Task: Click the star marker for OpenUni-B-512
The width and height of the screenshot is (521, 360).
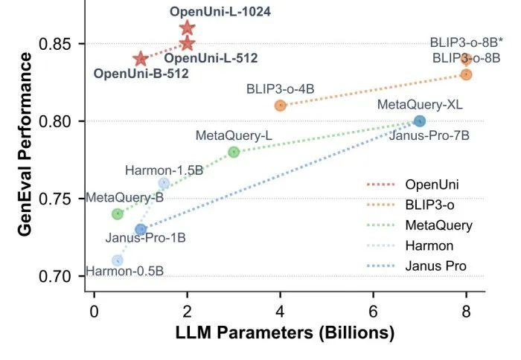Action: pos(141,59)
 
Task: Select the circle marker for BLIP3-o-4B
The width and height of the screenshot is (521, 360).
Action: pos(281,105)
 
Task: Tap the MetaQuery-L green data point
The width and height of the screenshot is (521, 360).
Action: pos(234,152)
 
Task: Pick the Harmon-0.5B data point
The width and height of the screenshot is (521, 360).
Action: pos(118,260)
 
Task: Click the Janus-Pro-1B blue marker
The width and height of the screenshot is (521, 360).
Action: pos(141,229)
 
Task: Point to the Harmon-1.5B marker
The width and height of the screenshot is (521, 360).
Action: pos(164,183)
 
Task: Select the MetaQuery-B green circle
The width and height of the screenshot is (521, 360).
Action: pos(118,213)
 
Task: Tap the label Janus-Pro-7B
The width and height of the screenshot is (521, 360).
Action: pos(424,137)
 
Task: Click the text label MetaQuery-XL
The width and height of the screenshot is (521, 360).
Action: pos(420,105)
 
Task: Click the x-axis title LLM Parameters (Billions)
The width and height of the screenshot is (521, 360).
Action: pos(285,332)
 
